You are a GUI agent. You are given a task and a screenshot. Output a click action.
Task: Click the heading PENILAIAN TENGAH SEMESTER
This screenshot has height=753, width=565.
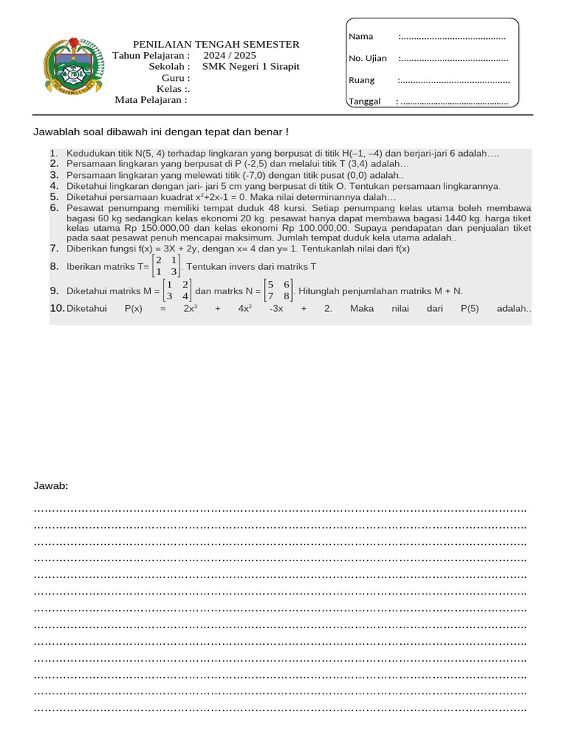[x=216, y=45]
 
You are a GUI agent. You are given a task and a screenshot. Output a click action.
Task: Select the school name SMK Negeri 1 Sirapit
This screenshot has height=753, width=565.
[x=251, y=66]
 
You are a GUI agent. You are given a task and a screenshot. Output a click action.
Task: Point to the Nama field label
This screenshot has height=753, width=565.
[x=360, y=36]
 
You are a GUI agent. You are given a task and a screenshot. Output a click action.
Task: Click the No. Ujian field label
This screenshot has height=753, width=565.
[x=367, y=58]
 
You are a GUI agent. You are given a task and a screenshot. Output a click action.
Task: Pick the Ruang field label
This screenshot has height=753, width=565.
[x=361, y=80]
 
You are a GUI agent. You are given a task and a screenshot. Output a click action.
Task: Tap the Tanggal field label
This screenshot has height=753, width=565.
[x=364, y=101]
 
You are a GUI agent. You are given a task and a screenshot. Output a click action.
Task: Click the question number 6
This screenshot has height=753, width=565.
[x=54, y=208]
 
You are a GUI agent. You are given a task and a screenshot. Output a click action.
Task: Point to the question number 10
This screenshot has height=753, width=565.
[x=57, y=308]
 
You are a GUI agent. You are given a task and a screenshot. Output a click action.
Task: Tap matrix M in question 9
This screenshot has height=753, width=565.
[x=177, y=290]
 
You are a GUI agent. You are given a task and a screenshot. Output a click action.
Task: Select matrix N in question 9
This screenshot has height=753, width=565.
[x=280, y=290]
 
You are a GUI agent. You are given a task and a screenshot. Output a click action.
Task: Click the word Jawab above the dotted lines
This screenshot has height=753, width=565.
[x=51, y=486]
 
